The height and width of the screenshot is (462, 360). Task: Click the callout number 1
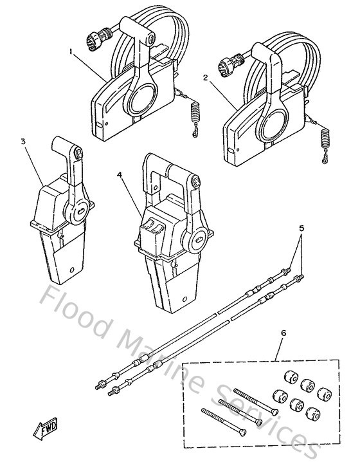[71, 49]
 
